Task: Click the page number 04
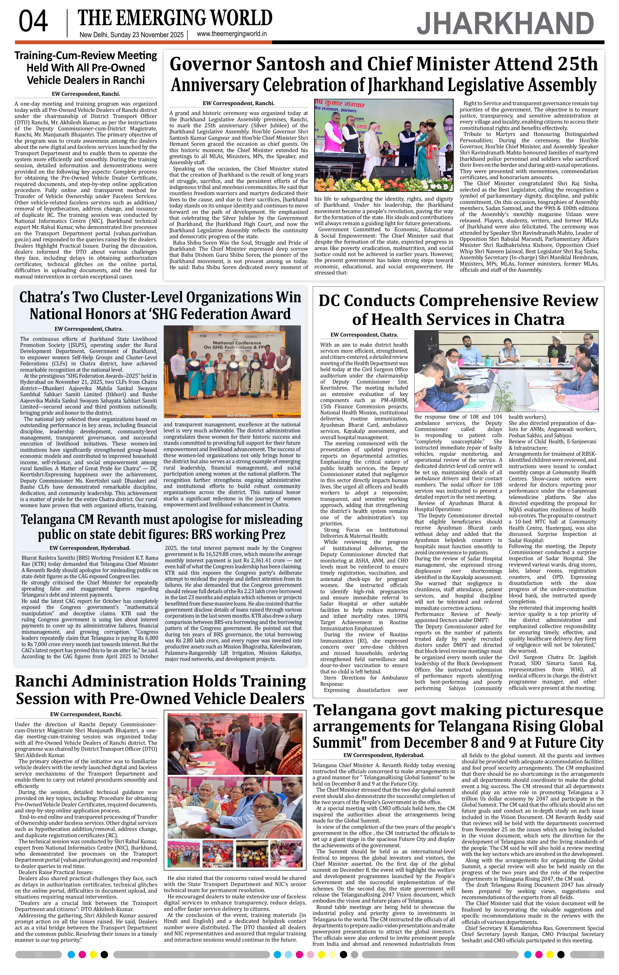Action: [33, 22]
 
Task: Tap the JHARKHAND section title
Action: [505, 24]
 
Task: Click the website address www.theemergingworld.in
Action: [231, 34]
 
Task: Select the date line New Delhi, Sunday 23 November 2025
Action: [132, 35]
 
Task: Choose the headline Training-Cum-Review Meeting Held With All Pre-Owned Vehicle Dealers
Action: [86, 68]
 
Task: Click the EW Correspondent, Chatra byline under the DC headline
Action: [364, 335]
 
